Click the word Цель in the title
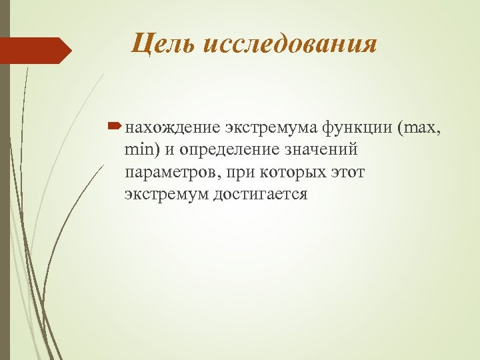click(x=160, y=45)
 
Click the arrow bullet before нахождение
click(x=115, y=125)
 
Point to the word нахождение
click(x=172, y=127)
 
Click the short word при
click(x=241, y=172)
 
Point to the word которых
click(x=289, y=172)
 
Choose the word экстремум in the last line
click(x=167, y=195)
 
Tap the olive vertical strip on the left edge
click(x=5, y=200)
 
